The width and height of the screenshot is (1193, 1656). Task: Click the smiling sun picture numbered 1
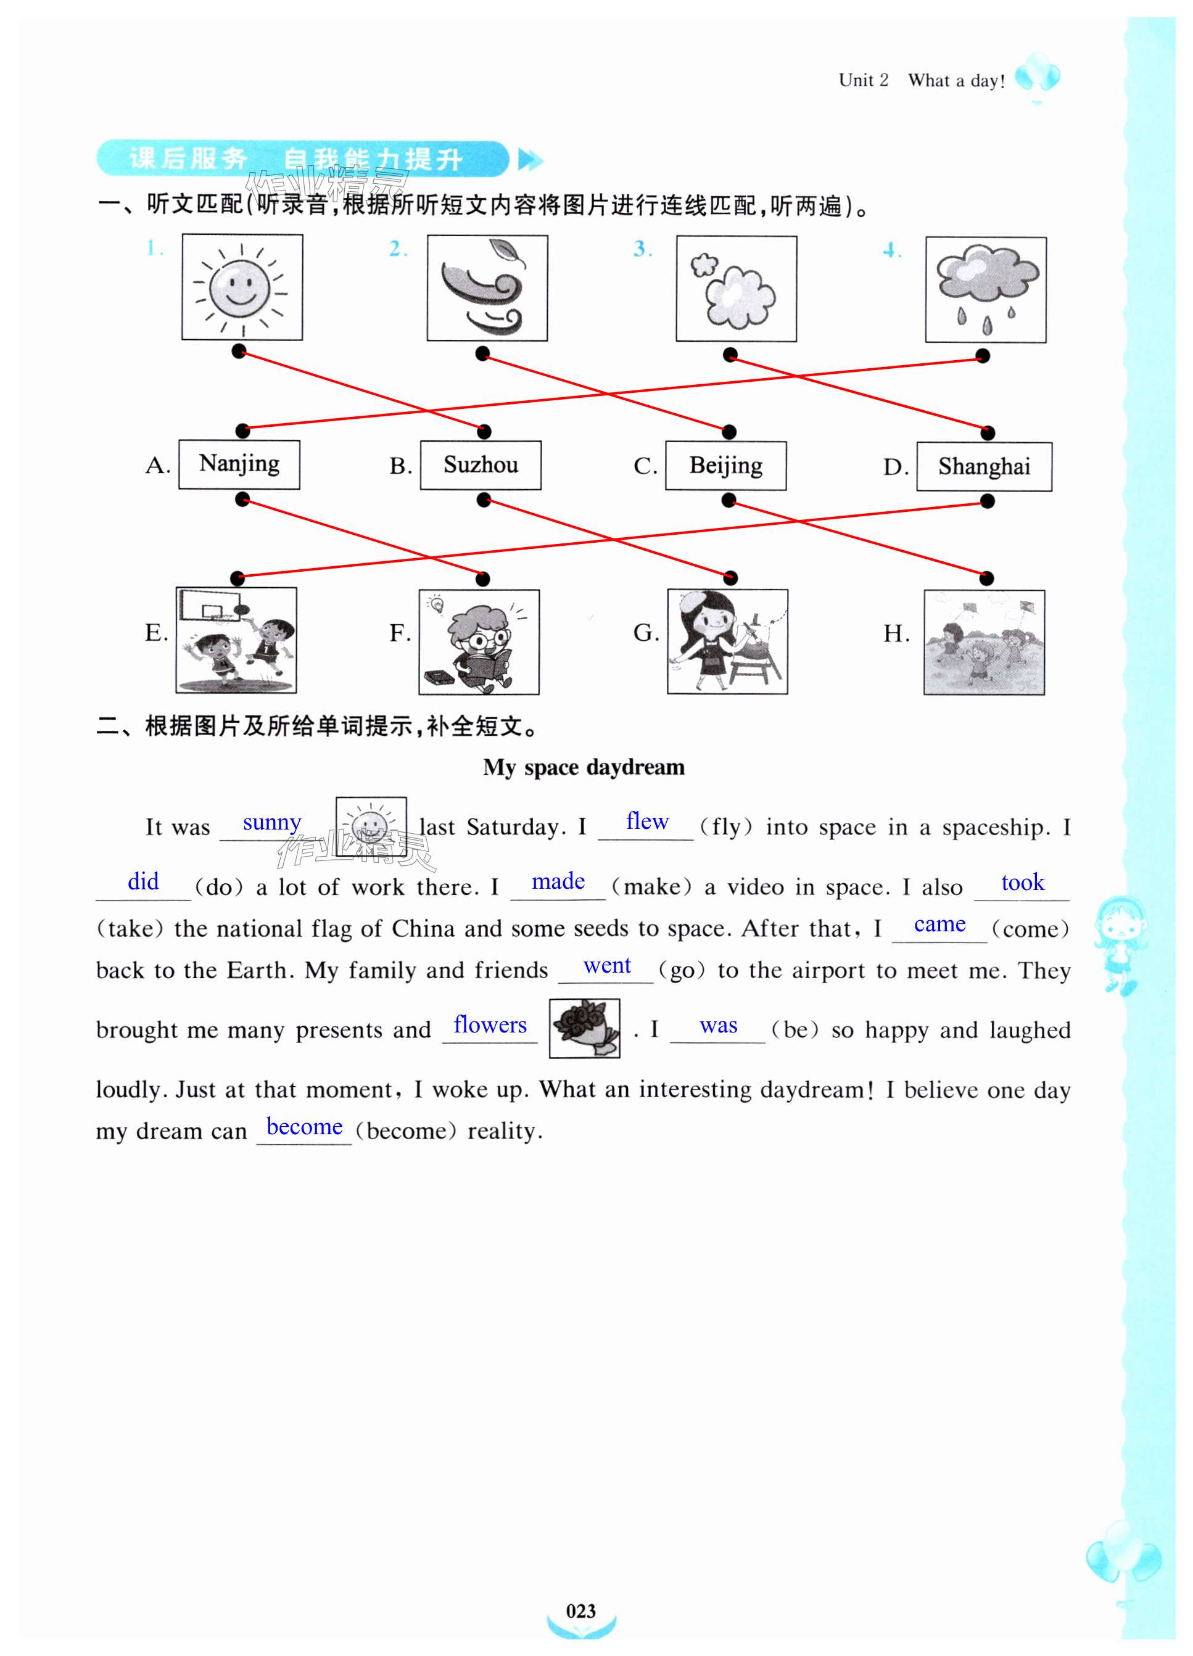coord(242,287)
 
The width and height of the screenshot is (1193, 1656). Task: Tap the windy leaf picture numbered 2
coord(487,287)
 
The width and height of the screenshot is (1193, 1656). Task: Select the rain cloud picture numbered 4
coord(985,289)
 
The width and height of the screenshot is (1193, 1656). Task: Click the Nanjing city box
coord(239,464)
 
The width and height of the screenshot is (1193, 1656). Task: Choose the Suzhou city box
coord(481,465)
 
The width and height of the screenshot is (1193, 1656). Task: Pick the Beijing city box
coord(725,466)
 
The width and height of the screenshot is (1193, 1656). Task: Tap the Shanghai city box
coord(983,466)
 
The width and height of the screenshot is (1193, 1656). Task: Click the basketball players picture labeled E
coord(236,640)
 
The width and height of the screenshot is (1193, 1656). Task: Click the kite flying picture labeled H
coord(983,642)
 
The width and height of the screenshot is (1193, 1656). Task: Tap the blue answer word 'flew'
coord(647,822)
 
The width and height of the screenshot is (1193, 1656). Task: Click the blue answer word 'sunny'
coord(271,823)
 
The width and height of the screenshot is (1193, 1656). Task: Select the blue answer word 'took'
coord(1022,882)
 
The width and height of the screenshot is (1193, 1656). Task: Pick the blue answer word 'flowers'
coord(490,1024)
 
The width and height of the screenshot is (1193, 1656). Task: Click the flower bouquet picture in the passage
coord(584,1028)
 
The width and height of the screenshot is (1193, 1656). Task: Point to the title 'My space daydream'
coord(584,767)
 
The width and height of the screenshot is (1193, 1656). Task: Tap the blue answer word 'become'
coord(305,1126)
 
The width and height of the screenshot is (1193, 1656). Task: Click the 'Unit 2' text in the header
coord(863,80)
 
